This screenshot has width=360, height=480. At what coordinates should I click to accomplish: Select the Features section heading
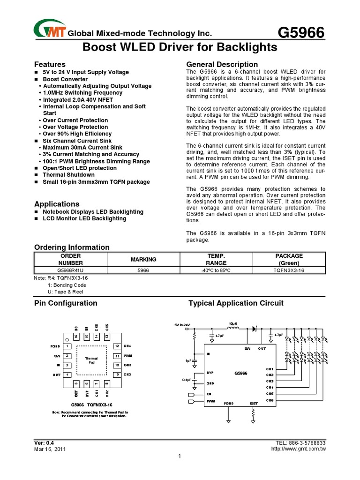(x=50, y=64)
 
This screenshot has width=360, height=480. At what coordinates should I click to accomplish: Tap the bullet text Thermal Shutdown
(x=68, y=175)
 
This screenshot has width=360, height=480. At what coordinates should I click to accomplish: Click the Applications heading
(x=57, y=204)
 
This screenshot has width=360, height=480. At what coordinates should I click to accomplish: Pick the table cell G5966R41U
(x=71, y=270)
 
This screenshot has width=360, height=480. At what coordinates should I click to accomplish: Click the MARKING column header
(x=143, y=259)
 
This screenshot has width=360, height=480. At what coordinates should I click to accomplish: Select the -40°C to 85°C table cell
(x=216, y=270)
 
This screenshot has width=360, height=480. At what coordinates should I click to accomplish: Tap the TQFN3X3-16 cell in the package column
(x=289, y=270)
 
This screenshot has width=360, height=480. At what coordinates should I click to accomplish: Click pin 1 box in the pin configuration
(x=68, y=346)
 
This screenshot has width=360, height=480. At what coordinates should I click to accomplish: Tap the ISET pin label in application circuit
(x=254, y=403)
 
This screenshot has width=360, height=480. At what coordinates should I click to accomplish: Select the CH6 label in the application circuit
(x=270, y=400)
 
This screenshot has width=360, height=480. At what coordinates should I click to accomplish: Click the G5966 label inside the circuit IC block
(x=240, y=374)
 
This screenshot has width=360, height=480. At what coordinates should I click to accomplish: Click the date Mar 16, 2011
(x=50, y=449)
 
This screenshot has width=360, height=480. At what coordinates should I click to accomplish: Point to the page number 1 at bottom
(x=180, y=457)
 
